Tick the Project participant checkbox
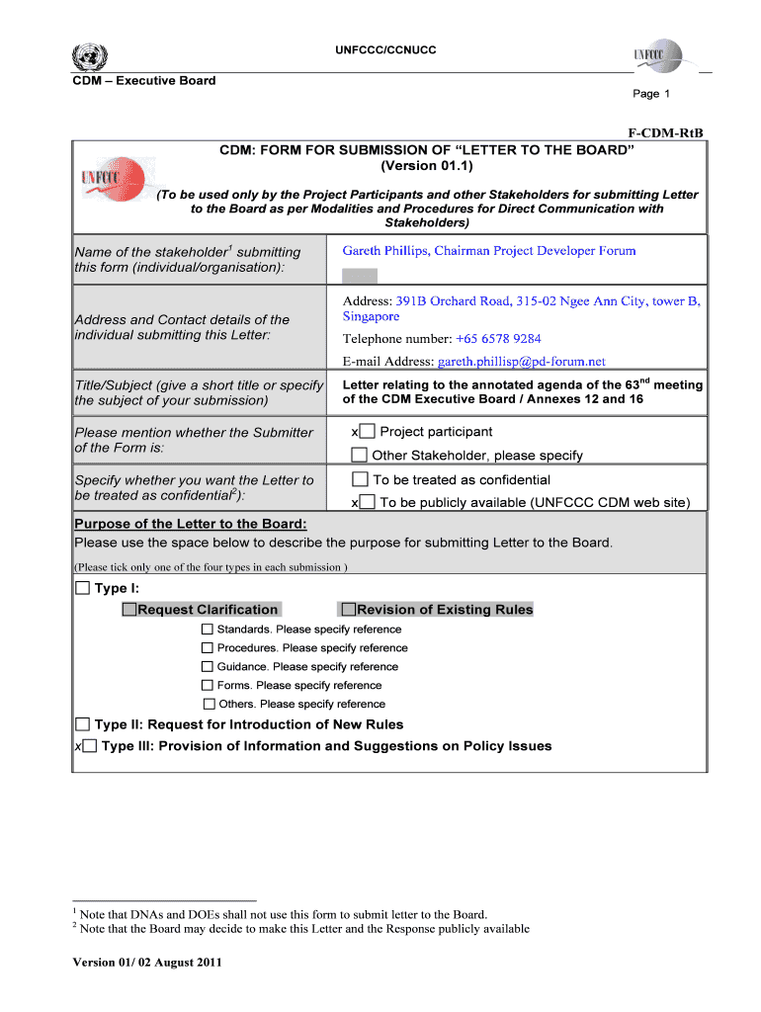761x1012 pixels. pos(367,432)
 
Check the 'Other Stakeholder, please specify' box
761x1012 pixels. pos(360,456)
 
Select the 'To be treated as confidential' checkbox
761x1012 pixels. pos(360,479)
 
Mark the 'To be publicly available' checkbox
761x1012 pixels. pos(367,502)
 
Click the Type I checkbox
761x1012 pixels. pos(82,589)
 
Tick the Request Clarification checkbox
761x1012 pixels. pos(129,610)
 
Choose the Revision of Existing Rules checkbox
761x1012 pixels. pos(347,610)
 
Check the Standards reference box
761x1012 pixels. pos(208,630)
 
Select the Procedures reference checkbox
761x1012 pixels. pos(208,648)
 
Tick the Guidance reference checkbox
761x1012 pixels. pos(208,667)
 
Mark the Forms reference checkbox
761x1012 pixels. pos(208,685)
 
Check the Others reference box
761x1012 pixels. pos(209,704)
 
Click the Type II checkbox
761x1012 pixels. pos(83,724)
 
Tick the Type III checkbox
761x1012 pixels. pos(90,746)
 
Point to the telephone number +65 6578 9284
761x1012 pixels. pos(498,339)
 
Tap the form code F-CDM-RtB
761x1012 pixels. pos(672,131)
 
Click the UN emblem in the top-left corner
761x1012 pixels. pos(90,55)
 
